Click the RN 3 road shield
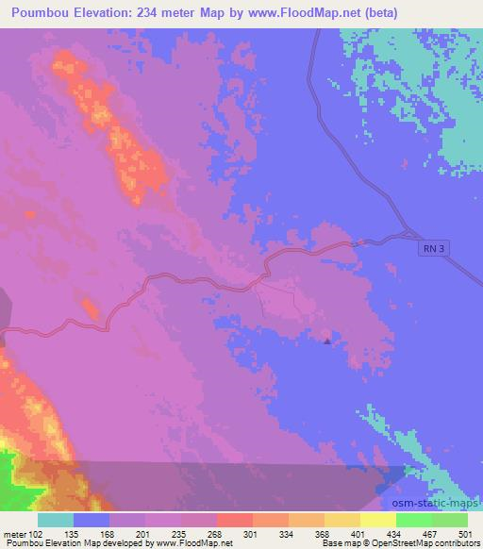tap(431, 248)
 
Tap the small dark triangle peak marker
tap(327, 341)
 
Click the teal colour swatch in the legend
tap(56, 520)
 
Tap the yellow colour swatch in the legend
tap(378, 520)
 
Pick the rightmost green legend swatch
tap(450, 520)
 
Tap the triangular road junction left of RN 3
tap(408, 236)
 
